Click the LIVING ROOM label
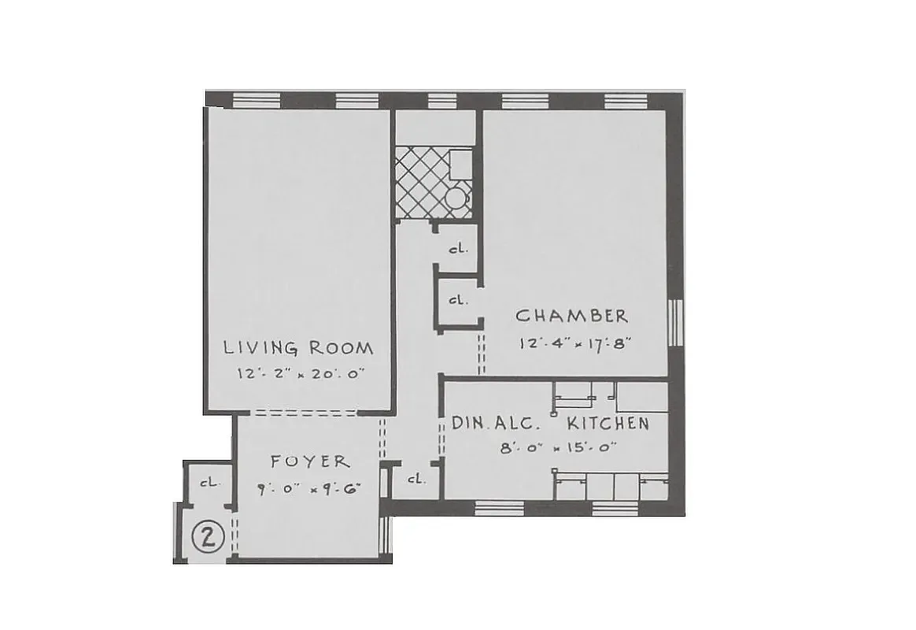click(x=298, y=347)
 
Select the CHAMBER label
click(x=572, y=317)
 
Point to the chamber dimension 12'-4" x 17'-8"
click(x=576, y=343)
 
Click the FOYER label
click(x=310, y=461)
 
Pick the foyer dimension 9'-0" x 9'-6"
click(x=308, y=488)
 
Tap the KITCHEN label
click(x=608, y=424)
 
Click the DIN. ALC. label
click(x=496, y=424)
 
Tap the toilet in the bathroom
click(x=457, y=198)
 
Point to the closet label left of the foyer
click(x=209, y=482)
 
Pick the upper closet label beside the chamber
click(x=458, y=248)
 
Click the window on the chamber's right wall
click(x=674, y=323)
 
